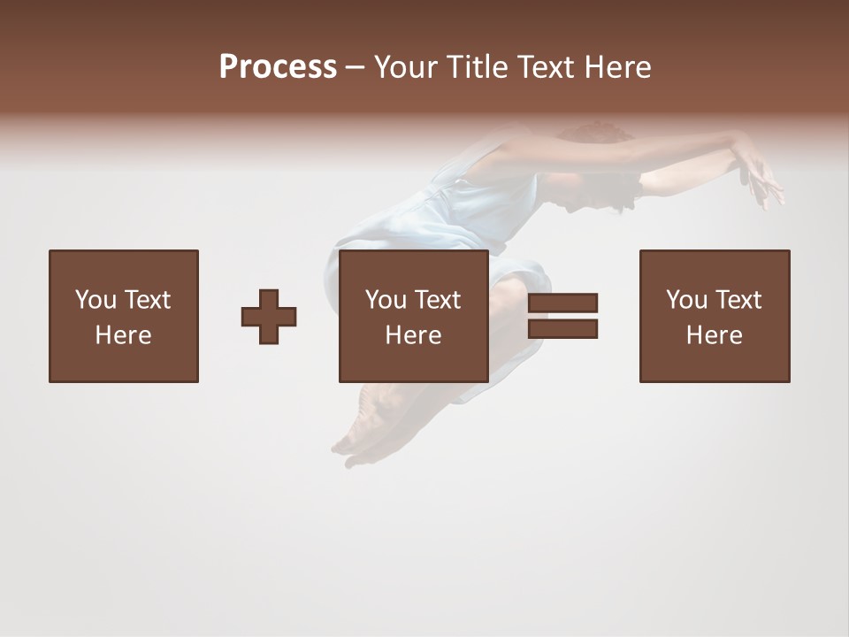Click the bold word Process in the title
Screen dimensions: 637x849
278,67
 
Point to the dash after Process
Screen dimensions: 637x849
355,68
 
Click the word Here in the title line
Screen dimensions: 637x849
616,67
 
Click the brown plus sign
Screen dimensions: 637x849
269,317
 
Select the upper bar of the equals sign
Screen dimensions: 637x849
562,303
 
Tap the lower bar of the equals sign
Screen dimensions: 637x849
562,329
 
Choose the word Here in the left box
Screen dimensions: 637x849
123,335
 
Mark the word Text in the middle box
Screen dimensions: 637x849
437,300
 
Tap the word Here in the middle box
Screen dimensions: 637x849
413,335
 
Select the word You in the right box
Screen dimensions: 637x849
685,300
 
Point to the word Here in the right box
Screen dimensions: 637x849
714,335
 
